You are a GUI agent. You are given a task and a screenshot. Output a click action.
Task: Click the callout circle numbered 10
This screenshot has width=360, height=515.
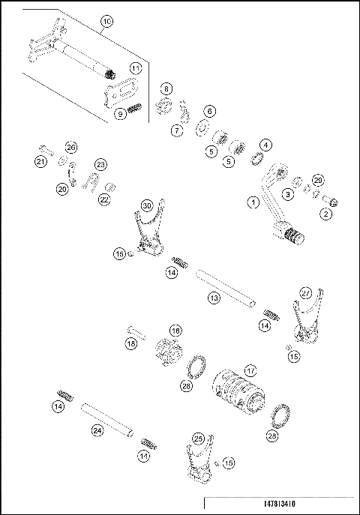[x=106, y=22]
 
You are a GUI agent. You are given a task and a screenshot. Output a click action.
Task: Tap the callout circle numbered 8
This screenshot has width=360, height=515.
[x=166, y=88]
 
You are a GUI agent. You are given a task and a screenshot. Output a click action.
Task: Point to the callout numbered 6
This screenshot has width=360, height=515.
[x=209, y=111]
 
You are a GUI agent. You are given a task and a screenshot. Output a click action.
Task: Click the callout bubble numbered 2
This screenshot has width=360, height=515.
[x=325, y=214]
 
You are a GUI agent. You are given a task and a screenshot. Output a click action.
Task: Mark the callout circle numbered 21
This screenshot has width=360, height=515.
[x=41, y=160]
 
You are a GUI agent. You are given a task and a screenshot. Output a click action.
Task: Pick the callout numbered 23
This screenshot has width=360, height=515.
[x=100, y=164]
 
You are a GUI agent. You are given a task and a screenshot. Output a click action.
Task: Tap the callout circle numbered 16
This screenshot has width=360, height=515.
[x=175, y=330]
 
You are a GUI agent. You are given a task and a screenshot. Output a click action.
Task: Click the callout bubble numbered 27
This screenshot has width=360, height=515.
[x=305, y=292]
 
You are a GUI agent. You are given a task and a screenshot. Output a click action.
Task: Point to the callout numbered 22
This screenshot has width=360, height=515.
[x=104, y=199]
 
